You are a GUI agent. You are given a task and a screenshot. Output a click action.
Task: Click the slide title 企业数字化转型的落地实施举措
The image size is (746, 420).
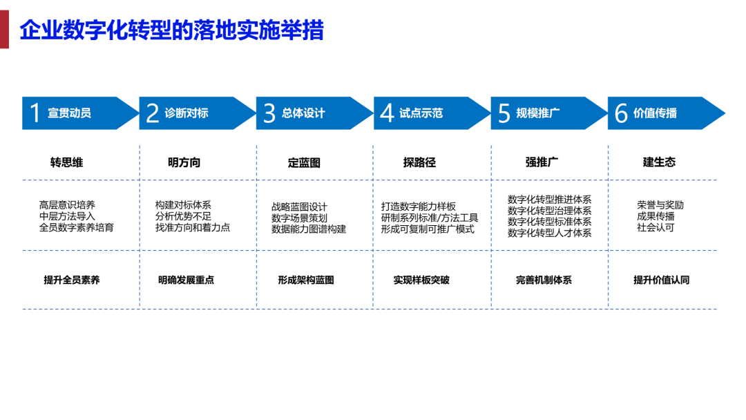click(x=172, y=30)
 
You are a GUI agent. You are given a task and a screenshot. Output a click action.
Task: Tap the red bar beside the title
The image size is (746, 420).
click(x=4, y=30)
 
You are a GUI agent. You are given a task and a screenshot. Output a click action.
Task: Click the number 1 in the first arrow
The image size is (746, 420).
click(x=35, y=113)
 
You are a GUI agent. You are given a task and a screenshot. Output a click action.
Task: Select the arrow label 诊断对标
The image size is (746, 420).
click(x=186, y=113)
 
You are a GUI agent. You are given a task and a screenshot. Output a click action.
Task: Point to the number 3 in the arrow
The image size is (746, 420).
click(x=269, y=113)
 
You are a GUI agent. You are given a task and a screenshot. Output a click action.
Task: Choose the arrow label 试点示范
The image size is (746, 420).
click(x=421, y=113)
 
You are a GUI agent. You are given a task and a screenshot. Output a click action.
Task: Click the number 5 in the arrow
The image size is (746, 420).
click(x=504, y=114)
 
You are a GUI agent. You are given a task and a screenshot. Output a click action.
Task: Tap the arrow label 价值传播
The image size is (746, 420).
click(x=655, y=113)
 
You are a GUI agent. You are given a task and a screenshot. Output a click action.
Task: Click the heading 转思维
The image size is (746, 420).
click(x=66, y=162)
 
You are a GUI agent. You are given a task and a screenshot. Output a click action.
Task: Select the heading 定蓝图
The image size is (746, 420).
click(x=304, y=163)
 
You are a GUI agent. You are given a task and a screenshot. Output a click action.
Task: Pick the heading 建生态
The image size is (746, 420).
click(x=660, y=162)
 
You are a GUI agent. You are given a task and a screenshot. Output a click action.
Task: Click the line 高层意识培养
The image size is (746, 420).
click(x=67, y=205)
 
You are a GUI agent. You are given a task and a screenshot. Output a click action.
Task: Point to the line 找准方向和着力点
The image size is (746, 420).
click(x=193, y=227)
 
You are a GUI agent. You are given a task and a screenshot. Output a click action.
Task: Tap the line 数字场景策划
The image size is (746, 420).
click(x=299, y=218)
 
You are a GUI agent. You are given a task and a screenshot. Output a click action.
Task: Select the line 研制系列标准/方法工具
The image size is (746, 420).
click(x=430, y=218)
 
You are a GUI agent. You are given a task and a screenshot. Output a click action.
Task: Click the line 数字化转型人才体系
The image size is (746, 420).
click(x=550, y=233)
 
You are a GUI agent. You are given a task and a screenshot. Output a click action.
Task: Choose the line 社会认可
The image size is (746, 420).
click(x=656, y=227)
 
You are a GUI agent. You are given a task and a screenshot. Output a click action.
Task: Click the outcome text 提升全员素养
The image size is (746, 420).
click(x=72, y=280)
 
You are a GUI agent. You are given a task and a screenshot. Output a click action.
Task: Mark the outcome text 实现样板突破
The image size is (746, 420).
click(x=421, y=280)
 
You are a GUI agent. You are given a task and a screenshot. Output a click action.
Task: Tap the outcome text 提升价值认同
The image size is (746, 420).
click(x=661, y=280)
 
